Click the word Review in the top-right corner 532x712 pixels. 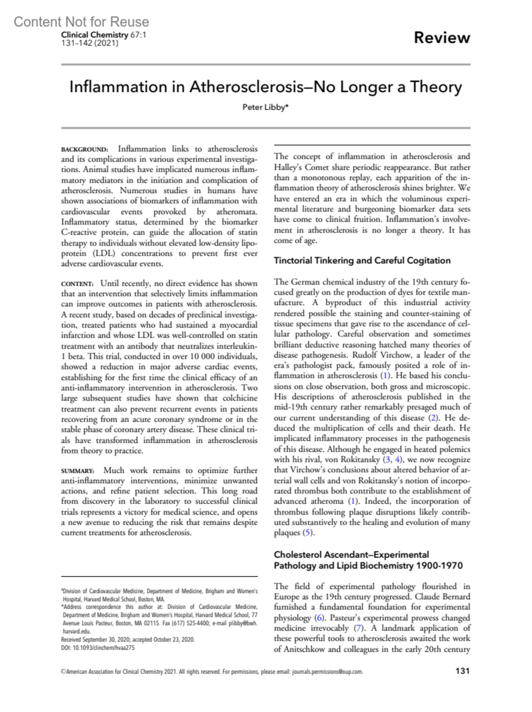tap(442, 38)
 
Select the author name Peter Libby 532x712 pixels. tap(265, 107)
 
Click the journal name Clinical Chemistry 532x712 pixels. tap(94, 35)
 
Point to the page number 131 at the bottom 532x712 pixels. tap(462, 671)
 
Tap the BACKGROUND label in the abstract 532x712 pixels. tap(84, 149)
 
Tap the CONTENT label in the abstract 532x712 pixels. tap(77, 284)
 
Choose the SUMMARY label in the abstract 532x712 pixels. tap(78, 471)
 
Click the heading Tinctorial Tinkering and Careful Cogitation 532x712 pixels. tap(362, 260)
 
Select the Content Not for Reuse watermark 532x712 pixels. tap(81, 22)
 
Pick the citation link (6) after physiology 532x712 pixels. tap(319, 618)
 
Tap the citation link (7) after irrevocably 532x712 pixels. tap(358, 628)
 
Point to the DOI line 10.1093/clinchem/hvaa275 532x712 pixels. tap(98, 648)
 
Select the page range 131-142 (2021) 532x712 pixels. tap(90, 43)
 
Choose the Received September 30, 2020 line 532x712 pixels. tap(128, 640)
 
